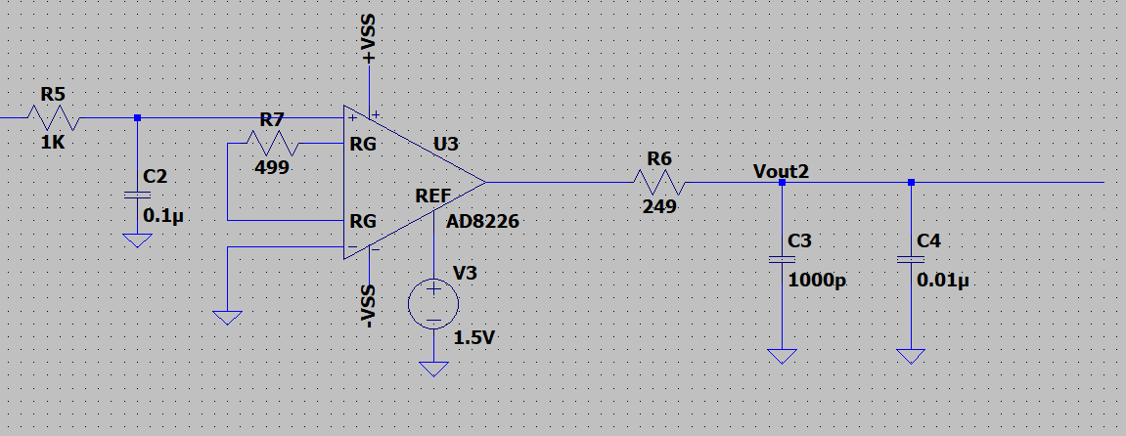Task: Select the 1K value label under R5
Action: pos(53,143)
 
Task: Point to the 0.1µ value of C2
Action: pos(164,215)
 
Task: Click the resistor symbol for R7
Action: pos(272,144)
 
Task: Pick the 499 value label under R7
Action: pos(271,168)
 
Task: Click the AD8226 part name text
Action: pos(482,222)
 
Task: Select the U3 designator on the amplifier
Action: pos(445,144)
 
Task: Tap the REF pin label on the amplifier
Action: pos(433,196)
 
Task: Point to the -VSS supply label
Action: pos(369,307)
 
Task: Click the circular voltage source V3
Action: pos(433,304)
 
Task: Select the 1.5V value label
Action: pos(473,338)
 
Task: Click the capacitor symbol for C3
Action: pos(782,260)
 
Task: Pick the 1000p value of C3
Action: pos(817,282)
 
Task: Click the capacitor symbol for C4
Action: pos(911,260)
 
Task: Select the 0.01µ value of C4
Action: pos(943,281)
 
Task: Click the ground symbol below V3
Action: pos(433,368)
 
